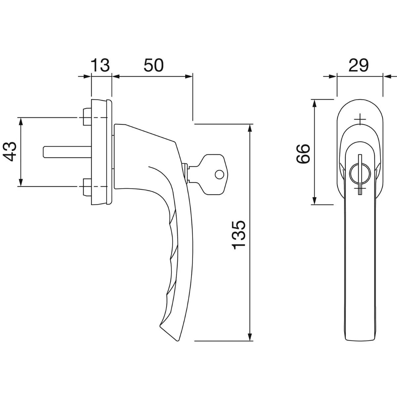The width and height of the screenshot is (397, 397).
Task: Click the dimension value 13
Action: pos(100,65)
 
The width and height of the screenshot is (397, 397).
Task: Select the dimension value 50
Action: pos(154,65)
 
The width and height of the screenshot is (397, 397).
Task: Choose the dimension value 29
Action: pos(359,65)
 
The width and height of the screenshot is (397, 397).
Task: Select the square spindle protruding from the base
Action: pos(66,151)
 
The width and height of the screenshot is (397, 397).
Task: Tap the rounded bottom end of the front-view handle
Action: pos(360,339)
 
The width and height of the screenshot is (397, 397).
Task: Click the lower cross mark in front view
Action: pos(360,190)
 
